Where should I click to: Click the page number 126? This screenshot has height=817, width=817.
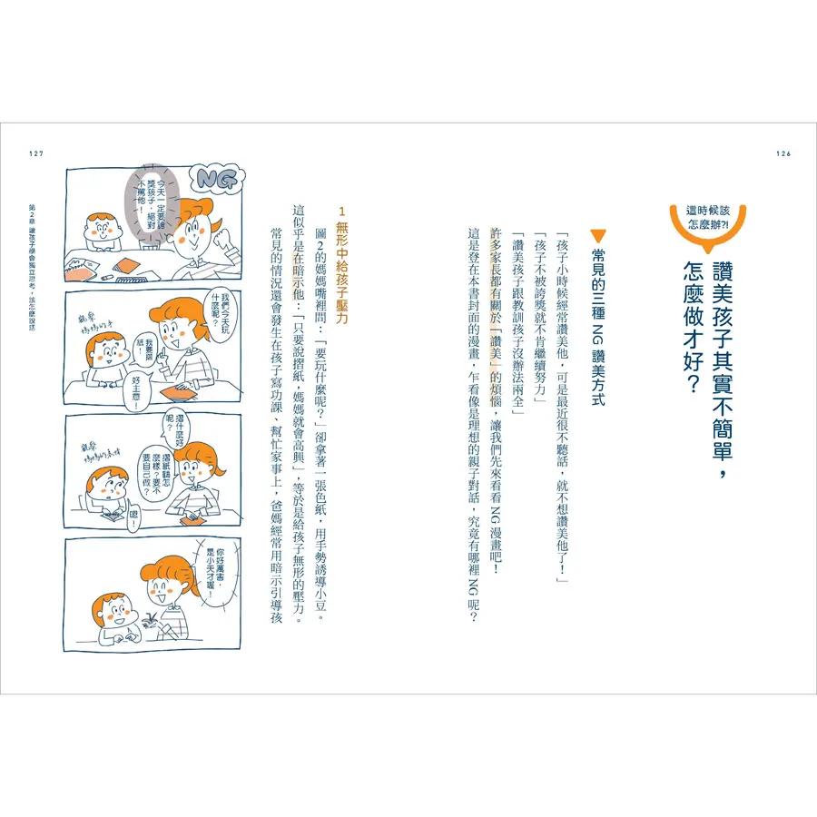point(783,153)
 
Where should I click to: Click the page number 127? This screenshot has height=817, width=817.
point(36,153)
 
